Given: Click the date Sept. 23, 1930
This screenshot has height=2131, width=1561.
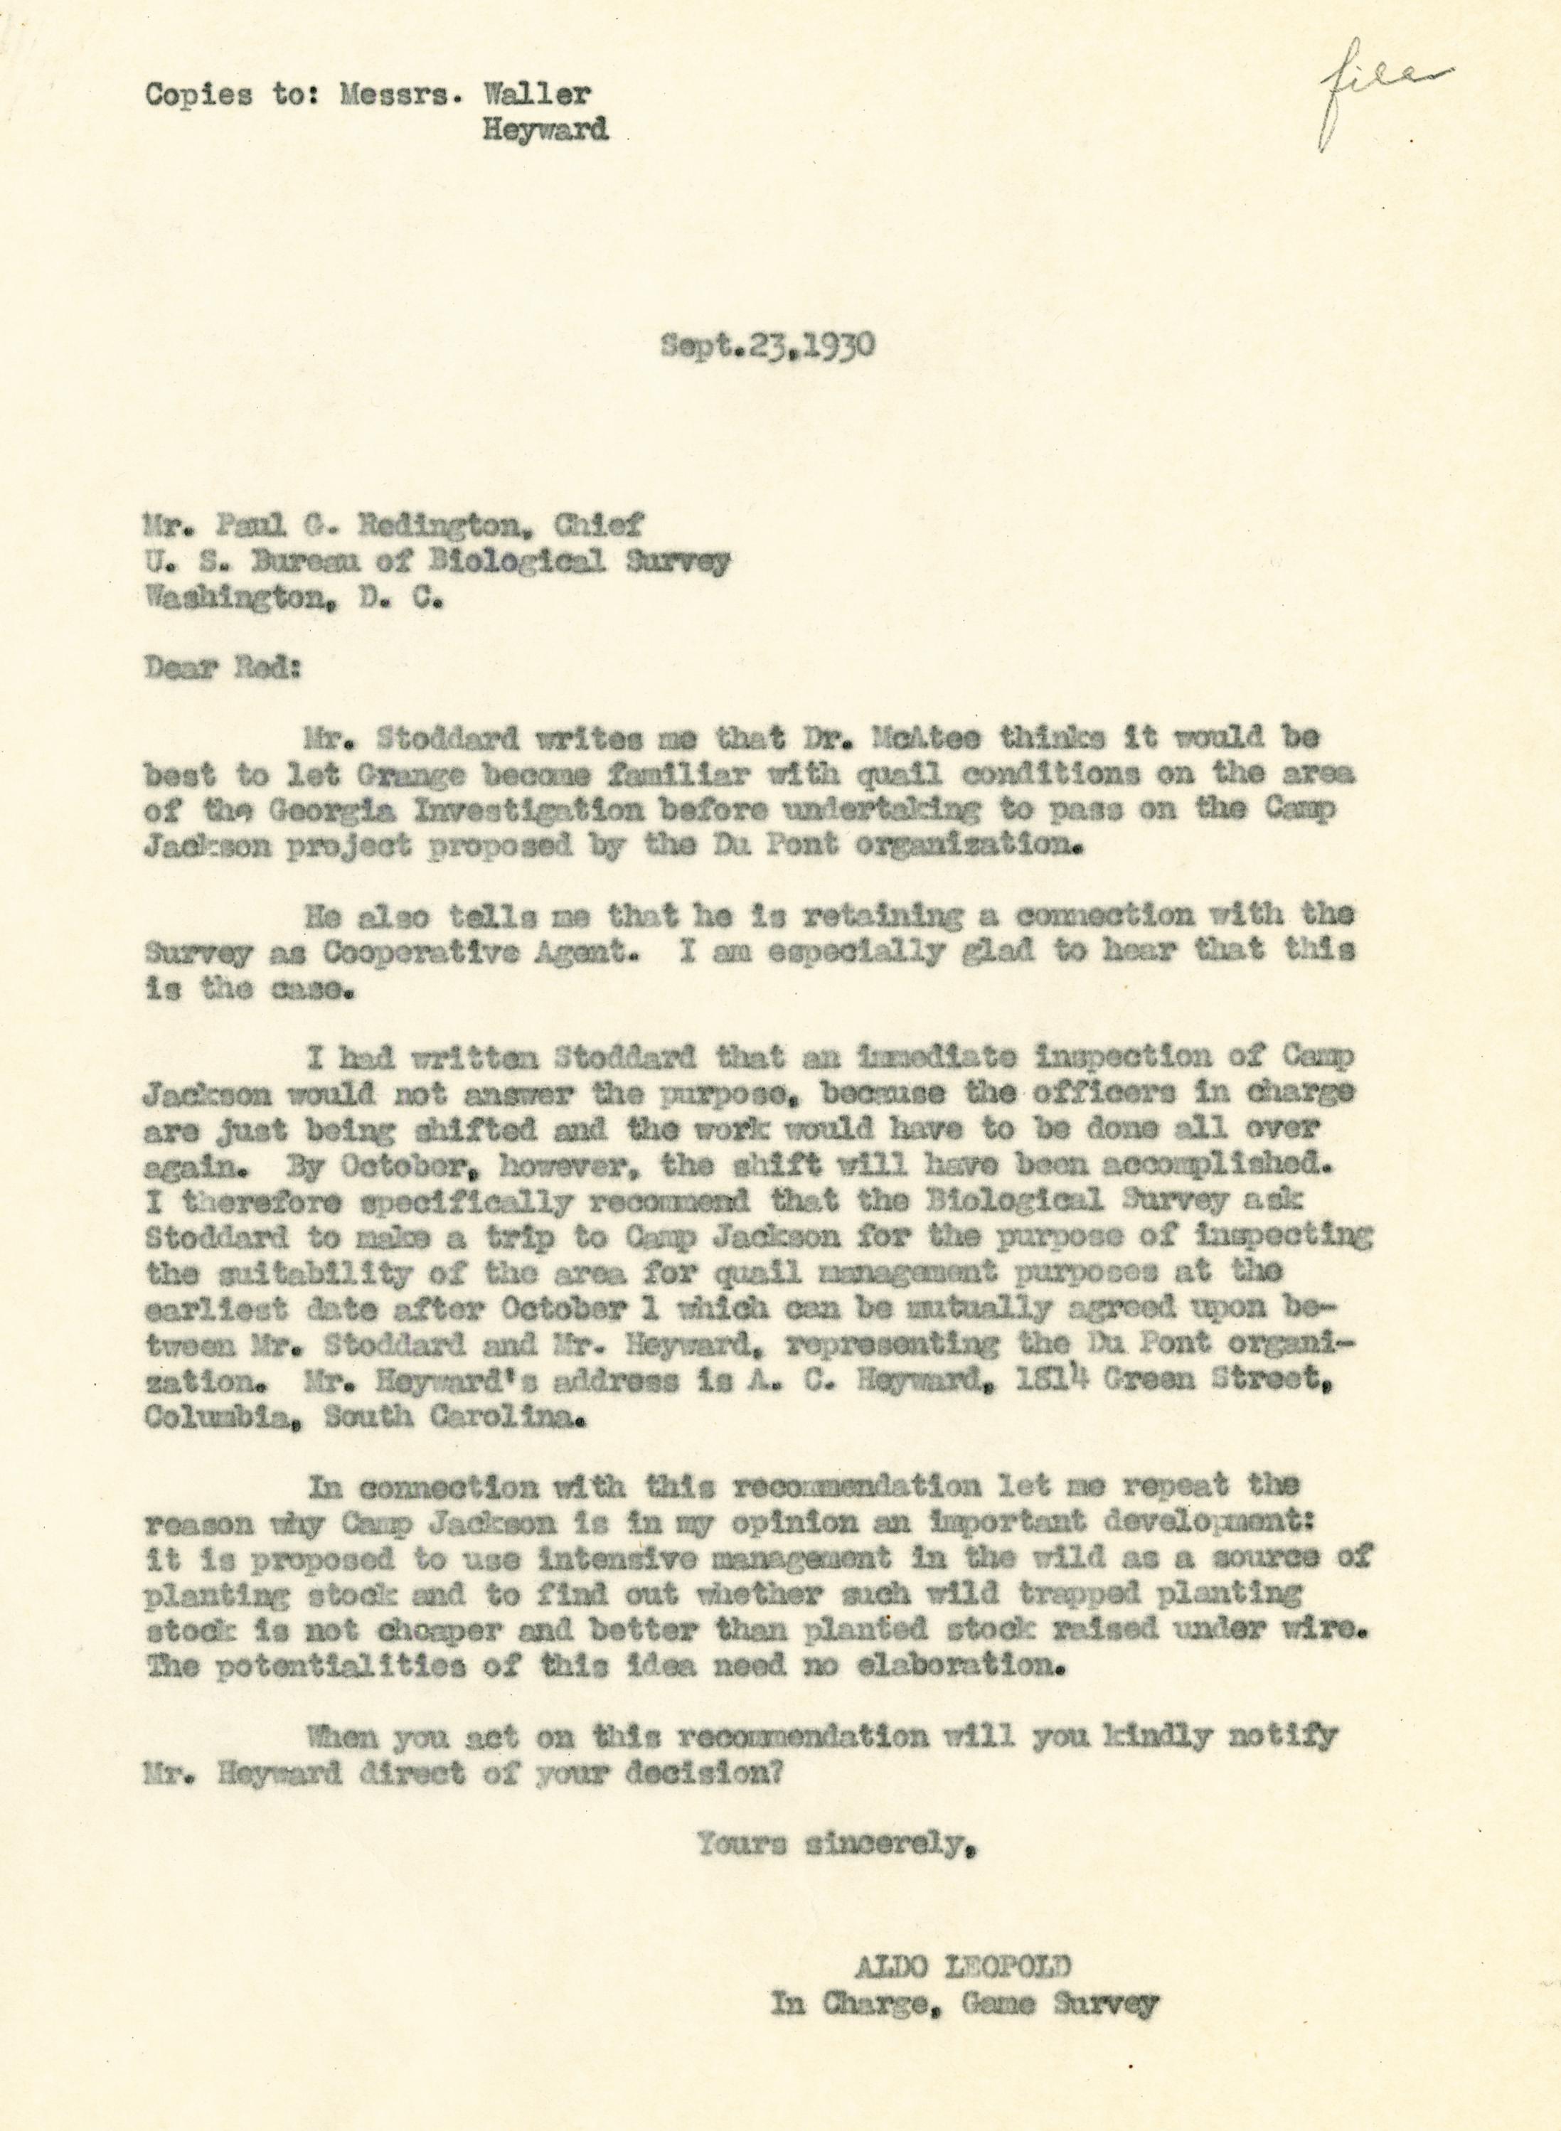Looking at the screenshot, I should [x=767, y=346].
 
